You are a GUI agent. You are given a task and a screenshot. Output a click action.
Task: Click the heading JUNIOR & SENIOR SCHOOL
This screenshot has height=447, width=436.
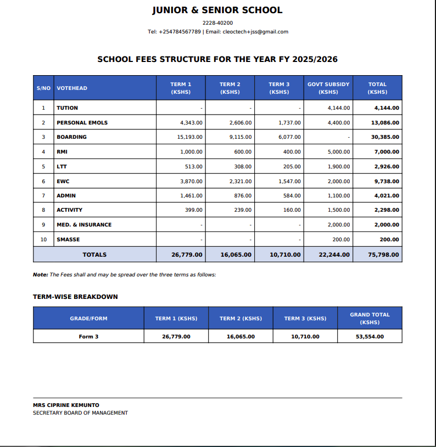click(x=217, y=10)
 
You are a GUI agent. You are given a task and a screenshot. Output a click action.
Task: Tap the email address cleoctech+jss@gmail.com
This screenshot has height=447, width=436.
click(x=255, y=32)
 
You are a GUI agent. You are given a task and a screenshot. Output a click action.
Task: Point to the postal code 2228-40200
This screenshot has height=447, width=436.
click(x=217, y=23)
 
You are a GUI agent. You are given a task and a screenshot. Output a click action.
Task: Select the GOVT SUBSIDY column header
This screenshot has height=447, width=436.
click(x=328, y=88)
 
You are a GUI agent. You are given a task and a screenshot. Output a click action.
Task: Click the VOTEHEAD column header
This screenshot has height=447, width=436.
click(x=72, y=88)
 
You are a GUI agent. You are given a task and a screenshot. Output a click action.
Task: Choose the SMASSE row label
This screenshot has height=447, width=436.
click(x=68, y=240)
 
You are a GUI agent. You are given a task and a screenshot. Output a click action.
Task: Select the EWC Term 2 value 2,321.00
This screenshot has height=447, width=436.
click(x=241, y=181)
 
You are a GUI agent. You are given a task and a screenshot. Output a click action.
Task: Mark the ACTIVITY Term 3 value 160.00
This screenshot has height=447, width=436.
click(x=292, y=210)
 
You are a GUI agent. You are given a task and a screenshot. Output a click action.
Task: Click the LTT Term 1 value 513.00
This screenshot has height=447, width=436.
click(x=194, y=167)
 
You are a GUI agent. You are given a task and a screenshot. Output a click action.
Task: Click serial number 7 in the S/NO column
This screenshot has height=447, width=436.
click(x=43, y=196)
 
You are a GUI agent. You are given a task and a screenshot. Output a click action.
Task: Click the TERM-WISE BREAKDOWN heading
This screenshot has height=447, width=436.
click(x=75, y=297)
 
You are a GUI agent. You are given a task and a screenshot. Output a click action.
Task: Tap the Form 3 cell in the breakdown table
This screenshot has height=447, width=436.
click(x=88, y=336)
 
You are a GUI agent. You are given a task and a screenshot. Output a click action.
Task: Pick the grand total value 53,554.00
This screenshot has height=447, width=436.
click(x=370, y=336)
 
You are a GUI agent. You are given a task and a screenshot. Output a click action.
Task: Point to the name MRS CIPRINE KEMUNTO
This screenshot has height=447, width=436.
click(x=66, y=405)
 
